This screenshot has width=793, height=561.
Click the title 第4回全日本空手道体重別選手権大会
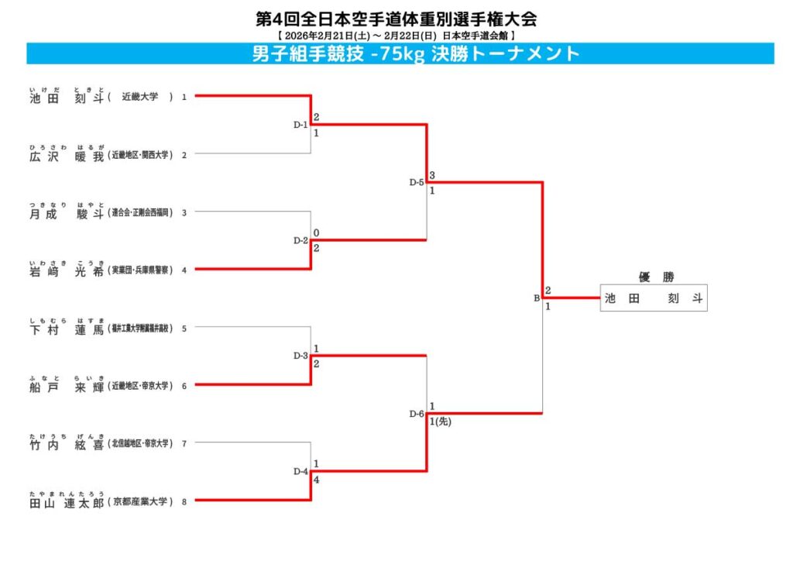pos(396,19)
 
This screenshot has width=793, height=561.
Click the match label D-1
pos(300,125)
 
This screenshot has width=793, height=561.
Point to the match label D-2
pos(300,241)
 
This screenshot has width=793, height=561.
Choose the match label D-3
pos(300,356)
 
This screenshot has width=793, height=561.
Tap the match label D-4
pos(300,472)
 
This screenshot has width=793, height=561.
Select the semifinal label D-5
pos(417,183)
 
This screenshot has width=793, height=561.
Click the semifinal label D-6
pos(417,414)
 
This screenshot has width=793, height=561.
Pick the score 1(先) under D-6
pos(440,422)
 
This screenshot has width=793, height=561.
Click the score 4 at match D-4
pos(316,480)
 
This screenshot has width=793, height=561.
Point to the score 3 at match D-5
pos(432,175)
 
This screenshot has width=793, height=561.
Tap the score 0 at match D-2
pos(316,232)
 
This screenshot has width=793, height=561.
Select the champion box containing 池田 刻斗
pos(654,298)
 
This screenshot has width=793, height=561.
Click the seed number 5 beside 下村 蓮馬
pos(184,329)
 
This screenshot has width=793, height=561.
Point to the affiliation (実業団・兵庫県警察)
pos(140,270)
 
